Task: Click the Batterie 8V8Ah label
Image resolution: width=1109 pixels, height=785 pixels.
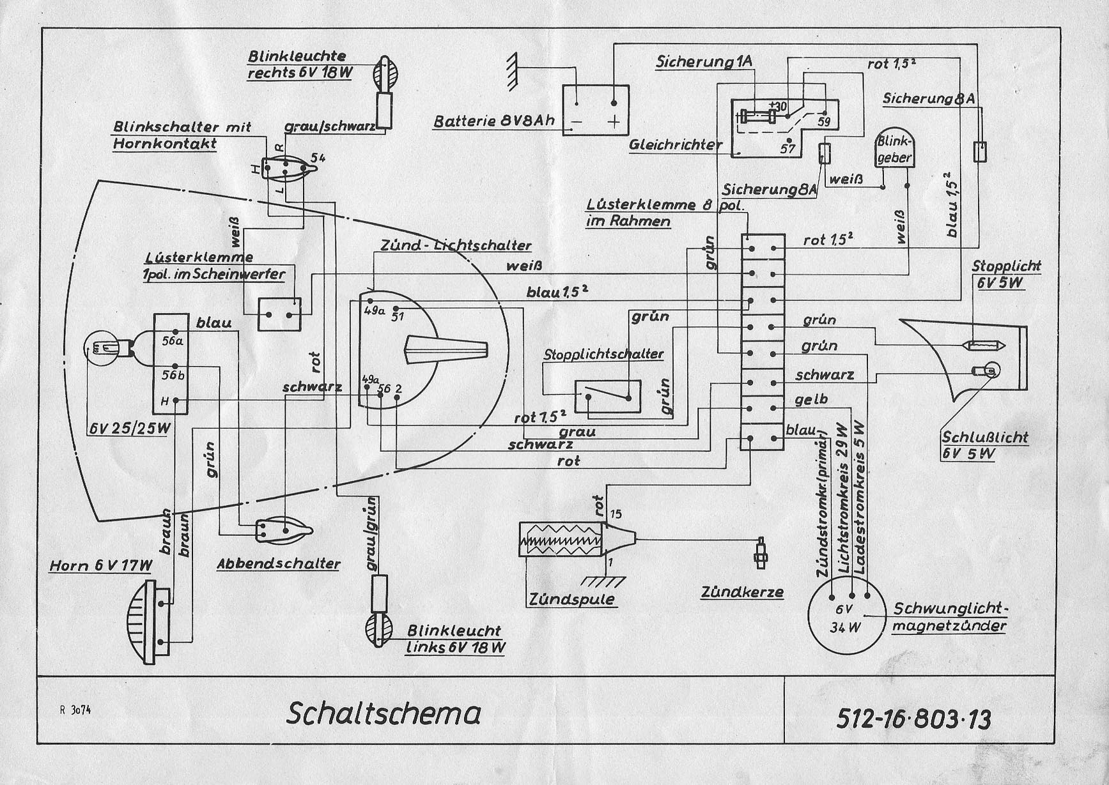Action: (x=493, y=121)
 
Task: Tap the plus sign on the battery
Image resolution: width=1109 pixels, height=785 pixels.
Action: (x=613, y=121)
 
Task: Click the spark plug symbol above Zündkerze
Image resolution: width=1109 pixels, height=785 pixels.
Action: (x=761, y=552)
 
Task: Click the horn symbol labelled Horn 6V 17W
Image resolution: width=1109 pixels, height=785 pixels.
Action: (x=150, y=623)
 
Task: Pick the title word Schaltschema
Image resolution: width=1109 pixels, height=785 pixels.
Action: (x=384, y=713)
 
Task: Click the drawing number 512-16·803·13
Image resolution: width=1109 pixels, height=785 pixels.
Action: (x=913, y=719)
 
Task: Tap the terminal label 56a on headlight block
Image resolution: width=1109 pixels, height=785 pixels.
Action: (x=172, y=341)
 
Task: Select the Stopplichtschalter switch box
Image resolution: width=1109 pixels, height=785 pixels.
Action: (x=608, y=396)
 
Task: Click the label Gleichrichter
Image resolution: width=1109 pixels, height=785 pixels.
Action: (x=675, y=145)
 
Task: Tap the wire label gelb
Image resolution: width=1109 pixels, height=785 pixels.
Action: (x=811, y=400)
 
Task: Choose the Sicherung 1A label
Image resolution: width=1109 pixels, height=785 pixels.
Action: (x=704, y=62)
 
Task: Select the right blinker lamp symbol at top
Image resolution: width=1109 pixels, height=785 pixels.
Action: (x=385, y=73)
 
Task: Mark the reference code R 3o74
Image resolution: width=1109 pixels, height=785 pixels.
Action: (x=75, y=710)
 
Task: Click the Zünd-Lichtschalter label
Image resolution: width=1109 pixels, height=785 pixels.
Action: (x=455, y=245)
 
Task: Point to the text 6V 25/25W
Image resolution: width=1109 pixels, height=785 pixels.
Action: (x=130, y=428)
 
